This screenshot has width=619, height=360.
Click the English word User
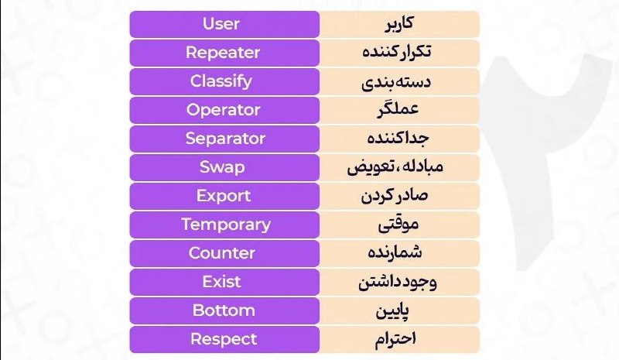(221, 24)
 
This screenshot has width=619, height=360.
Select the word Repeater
(223, 53)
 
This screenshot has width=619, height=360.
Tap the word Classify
(221, 81)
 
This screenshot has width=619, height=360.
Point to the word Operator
(224, 110)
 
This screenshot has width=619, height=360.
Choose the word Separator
(225, 139)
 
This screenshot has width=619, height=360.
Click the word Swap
(222, 167)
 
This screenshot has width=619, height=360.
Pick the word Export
(224, 196)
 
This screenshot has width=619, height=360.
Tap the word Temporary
(226, 225)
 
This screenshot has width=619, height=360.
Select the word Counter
(222, 253)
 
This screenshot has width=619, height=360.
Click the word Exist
(221, 282)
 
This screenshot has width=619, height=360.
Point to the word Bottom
(224, 310)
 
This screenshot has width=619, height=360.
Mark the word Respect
(224, 339)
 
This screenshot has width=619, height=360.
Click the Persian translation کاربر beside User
(399, 23)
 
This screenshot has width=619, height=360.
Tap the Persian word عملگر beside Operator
(398, 109)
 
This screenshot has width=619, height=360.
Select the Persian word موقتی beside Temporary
(398, 225)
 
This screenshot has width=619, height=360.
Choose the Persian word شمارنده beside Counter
(395, 252)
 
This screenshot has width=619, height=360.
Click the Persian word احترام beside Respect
(395, 339)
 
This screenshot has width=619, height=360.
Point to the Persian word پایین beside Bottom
(392, 311)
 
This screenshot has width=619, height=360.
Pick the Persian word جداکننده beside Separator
(398, 139)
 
